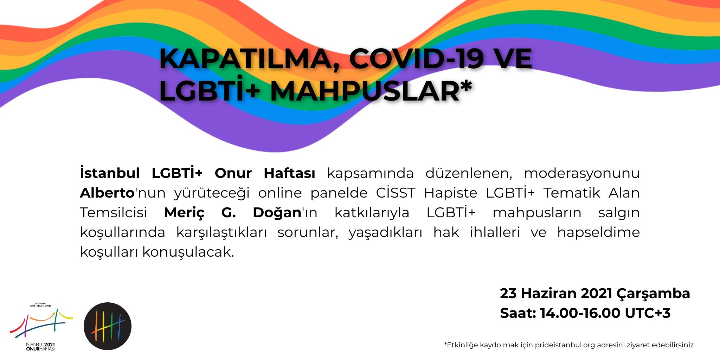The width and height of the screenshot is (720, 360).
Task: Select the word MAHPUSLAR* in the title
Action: click(x=371, y=91)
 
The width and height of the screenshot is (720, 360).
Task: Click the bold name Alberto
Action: click(x=107, y=193)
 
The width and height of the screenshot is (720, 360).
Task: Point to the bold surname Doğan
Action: click(x=277, y=213)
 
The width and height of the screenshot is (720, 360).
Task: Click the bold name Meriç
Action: click(x=184, y=213)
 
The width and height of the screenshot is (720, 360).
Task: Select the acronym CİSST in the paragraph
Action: click(x=396, y=193)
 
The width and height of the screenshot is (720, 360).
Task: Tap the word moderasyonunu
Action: click(x=581, y=173)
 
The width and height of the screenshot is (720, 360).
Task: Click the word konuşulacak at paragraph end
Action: click(x=188, y=252)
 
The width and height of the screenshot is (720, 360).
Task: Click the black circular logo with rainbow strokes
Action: click(x=108, y=326)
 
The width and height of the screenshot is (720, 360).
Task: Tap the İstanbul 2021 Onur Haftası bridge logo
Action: click(x=41, y=327)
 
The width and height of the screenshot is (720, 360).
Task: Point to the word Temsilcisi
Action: click(x=114, y=212)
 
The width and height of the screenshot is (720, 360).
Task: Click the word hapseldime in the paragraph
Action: click(x=598, y=232)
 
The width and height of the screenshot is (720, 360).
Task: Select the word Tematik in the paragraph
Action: click(x=571, y=193)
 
